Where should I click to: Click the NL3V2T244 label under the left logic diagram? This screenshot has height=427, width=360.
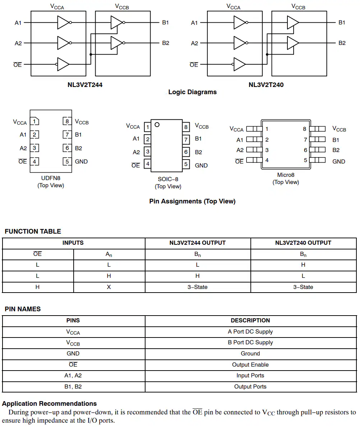coord(85,85)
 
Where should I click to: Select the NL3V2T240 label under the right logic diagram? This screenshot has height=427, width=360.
coord(266,85)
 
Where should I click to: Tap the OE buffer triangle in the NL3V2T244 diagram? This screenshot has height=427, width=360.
coord(63,64)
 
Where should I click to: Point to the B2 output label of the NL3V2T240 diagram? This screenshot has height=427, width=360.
coord(342,43)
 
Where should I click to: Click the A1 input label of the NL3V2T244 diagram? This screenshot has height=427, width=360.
coord(18,23)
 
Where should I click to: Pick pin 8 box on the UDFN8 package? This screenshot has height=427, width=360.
coord(67,121)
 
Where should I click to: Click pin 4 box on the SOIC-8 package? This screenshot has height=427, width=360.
coord(147,164)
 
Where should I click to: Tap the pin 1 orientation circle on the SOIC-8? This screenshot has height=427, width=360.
coord(157,125)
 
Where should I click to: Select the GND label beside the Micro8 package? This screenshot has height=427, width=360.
coord(338,161)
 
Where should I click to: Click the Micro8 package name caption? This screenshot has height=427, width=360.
coord(286,175)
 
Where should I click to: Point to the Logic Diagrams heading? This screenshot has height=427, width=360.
coord(193,92)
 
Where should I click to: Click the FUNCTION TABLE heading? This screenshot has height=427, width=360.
coord(33,231)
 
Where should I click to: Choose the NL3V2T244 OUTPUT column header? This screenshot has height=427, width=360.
coord(198,243)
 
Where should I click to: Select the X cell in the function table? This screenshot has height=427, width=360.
coord(109,287)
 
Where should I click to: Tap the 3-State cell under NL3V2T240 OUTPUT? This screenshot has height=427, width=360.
coord(303,287)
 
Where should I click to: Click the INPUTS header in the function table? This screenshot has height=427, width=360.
coord(73,243)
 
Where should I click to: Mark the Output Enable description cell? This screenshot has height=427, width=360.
coord(250,365)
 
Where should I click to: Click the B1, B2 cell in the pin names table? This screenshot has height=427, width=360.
coord(73,387)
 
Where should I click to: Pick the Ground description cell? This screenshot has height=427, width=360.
coord(250,354)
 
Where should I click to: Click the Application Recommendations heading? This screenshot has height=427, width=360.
coord(49,404)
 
